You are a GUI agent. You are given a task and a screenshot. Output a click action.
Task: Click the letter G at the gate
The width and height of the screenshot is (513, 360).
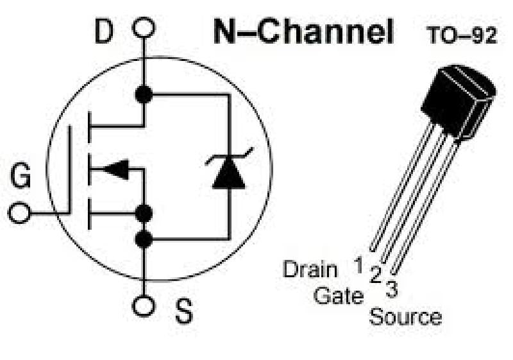21,176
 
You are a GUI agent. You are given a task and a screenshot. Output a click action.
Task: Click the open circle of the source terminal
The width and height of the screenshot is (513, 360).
144,305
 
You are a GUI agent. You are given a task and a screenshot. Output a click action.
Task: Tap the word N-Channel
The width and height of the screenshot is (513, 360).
303,31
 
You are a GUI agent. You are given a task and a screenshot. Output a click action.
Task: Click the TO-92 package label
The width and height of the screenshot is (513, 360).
462,36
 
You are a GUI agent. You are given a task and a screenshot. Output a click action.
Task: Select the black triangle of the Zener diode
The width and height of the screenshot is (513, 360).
228,174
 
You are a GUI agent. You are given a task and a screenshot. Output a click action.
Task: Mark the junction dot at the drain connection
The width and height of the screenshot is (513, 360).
144,94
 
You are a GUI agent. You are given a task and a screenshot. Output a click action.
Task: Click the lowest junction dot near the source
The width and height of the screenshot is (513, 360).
144,240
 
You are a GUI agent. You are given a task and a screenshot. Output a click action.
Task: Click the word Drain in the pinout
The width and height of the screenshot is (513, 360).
310,269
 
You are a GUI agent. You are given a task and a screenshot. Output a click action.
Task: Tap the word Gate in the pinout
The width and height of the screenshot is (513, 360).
339,296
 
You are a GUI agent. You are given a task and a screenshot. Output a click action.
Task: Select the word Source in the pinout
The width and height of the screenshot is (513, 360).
405,317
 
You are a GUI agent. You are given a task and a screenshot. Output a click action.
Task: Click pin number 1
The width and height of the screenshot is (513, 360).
360,262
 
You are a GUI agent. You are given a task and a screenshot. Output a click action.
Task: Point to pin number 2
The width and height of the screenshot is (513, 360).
375,277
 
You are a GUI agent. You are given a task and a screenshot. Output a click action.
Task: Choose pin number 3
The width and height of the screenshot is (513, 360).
391,289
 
